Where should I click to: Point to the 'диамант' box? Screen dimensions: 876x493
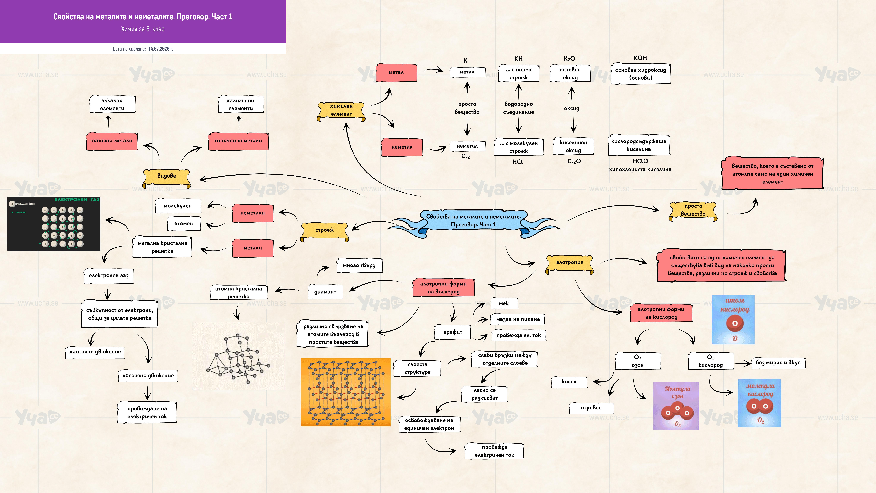click(x=325, y=292)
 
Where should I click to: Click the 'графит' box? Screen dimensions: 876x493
click(x=453, y=332)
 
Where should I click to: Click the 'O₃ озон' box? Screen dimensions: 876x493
click(x=638, y=361)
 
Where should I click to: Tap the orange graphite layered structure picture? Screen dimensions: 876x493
click(x=346, y=392)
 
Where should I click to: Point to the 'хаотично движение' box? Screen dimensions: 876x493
click(x=95, y=352)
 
